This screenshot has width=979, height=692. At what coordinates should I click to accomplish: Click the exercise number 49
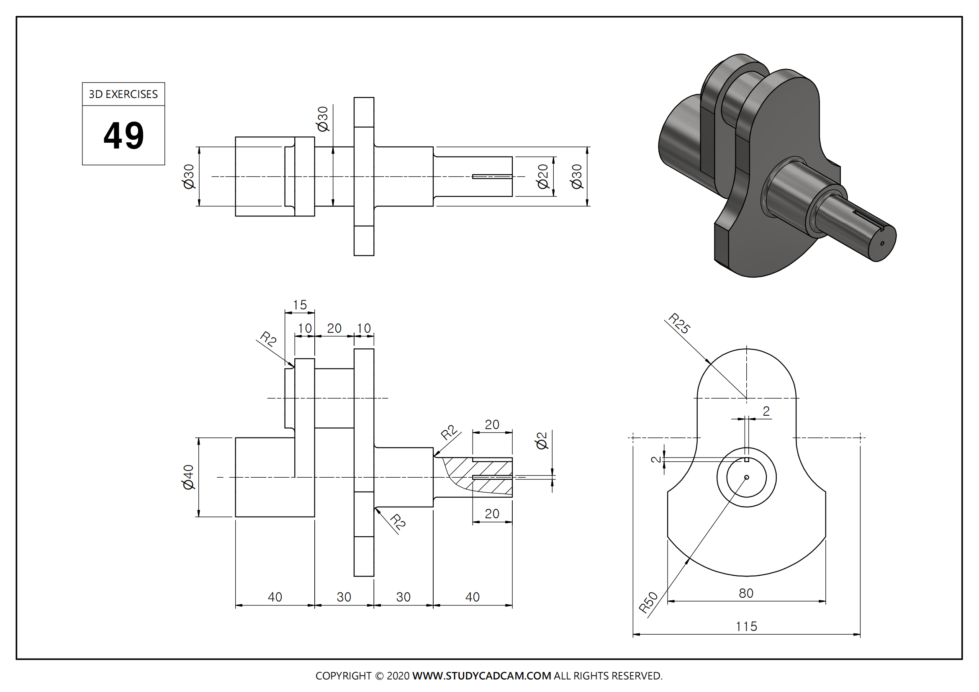coord(123,136)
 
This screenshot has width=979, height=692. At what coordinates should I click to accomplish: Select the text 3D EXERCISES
coord(123,94)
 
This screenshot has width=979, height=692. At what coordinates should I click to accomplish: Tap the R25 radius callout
coord(679,323)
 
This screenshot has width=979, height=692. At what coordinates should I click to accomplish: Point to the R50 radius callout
coord(648,602)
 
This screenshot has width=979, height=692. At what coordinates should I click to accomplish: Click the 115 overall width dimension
coord(746,626)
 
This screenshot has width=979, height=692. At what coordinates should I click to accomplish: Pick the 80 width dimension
coord(746,593)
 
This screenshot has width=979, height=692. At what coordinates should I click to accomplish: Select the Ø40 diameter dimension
coord(188,477)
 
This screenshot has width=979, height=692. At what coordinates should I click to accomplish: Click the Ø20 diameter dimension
coord(542,176)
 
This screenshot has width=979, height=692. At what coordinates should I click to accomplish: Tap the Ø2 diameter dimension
coord(541,441)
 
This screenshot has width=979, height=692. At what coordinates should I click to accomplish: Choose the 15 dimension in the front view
coord(300,305)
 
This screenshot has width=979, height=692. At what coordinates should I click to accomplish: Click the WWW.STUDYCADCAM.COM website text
coord(481,676)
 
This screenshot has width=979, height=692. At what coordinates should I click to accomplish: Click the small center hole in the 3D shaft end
coord(882,244)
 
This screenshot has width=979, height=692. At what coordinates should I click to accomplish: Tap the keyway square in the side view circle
coord(747,460)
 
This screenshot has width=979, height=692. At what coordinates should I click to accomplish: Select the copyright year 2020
coord(398,676)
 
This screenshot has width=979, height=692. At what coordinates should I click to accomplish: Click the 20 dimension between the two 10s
coord(334,328)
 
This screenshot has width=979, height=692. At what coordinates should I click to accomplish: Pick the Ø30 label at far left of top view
coord(188,177)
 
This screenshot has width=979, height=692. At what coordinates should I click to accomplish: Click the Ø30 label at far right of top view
coord(576,177)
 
